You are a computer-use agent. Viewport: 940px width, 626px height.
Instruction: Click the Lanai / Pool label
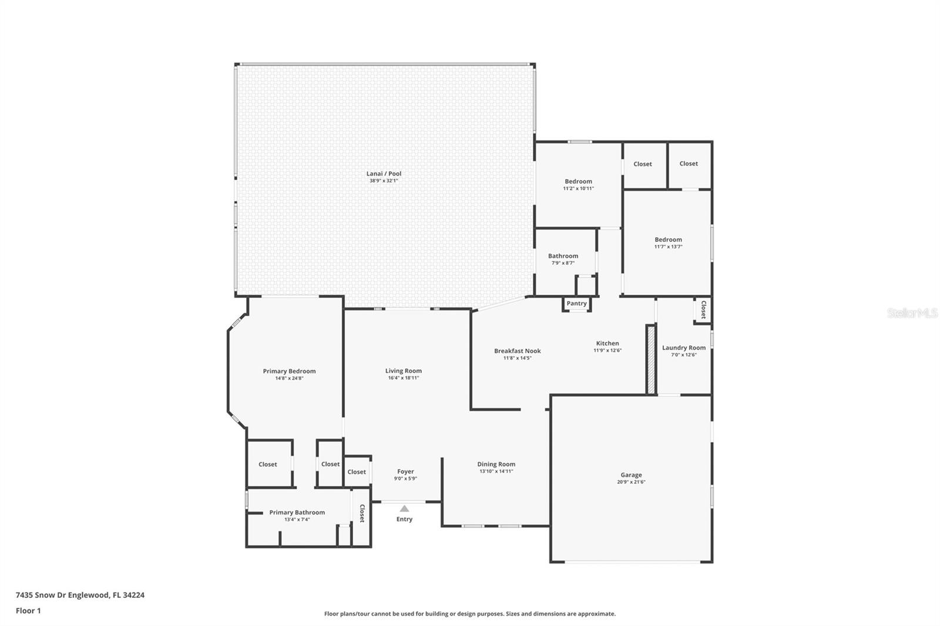point(384,173)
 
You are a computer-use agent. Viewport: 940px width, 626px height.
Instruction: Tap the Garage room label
point(631,475)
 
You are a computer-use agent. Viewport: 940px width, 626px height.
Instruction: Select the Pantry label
point(576,304)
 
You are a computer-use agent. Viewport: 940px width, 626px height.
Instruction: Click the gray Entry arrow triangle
point(404,509)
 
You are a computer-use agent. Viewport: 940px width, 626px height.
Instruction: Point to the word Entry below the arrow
point(404,519)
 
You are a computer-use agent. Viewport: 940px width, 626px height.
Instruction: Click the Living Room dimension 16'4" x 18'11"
point(403,378)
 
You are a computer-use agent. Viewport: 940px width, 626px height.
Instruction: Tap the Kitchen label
point(607,343)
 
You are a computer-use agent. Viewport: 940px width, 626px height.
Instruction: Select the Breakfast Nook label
point(518,351)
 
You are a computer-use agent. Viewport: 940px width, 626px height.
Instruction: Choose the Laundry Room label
point(684,348)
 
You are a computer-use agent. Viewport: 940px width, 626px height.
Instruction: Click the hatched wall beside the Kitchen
point(651,359)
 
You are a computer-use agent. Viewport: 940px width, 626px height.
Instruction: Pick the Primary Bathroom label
point(297,512)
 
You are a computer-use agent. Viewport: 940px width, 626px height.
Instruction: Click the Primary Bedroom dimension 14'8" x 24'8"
point(289,378)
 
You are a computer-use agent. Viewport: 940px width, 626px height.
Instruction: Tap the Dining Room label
point(496,464)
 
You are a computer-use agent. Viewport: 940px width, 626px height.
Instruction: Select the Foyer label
point(405,472)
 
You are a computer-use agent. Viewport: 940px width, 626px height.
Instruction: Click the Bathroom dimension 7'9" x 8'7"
point(563,263)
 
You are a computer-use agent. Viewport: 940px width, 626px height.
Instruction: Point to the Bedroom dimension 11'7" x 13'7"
point(668,247)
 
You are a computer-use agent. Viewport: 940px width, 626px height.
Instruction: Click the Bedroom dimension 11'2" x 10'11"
point(578,189)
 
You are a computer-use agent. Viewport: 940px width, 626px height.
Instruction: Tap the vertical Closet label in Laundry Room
point(704,309)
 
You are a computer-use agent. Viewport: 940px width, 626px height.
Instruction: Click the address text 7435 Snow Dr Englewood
point(63,595)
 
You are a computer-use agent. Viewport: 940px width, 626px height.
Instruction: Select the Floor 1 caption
point(28,611)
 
